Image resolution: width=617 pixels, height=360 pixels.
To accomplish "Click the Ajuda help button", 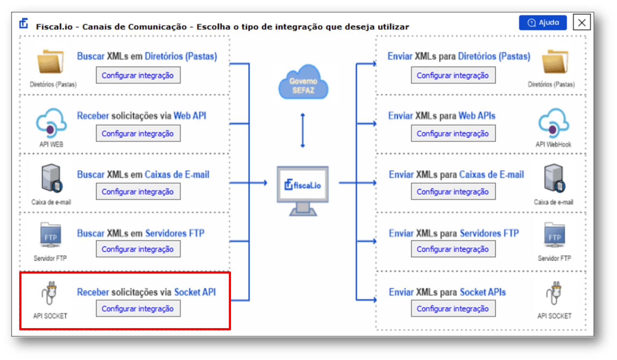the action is click(x=542, y=23).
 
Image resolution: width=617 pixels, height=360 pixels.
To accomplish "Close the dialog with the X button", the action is click(x=582, y=22).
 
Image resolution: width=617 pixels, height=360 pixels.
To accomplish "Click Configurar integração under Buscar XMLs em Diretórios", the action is click(x=138, y=75).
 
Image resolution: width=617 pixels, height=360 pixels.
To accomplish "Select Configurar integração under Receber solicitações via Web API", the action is click(x=138, y=133).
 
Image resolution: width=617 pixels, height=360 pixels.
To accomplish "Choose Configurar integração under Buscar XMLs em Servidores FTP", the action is click(x=138, y=249).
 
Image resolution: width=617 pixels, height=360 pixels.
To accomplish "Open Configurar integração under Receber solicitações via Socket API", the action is click(x=138, y=309).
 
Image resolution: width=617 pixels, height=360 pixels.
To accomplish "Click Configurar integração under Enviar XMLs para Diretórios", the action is click(x=453, y=75).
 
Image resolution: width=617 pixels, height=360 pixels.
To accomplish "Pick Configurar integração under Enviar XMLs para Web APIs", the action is click(x=453, y=133).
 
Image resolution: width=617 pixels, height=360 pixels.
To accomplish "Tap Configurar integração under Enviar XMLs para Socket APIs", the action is click(x=453, y=309).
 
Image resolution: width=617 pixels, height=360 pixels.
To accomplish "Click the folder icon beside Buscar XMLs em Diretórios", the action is click(x=51, y=62).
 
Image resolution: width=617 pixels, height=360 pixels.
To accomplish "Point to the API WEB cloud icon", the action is click(x=51, y=123).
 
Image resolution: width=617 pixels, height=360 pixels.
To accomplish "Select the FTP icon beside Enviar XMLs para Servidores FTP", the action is click(x=554, y=235).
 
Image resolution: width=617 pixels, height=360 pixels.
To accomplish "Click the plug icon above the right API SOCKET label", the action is click(x=554, y=293).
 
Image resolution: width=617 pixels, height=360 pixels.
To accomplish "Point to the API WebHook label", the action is click(x=553, y=144).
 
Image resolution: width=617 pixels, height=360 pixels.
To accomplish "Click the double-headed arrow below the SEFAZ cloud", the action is click(x=303, y=130).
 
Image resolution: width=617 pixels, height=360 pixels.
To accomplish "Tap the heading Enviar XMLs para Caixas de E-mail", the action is click(x=456, y=174).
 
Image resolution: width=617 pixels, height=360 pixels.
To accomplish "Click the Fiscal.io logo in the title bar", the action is click(x=24, y=23).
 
